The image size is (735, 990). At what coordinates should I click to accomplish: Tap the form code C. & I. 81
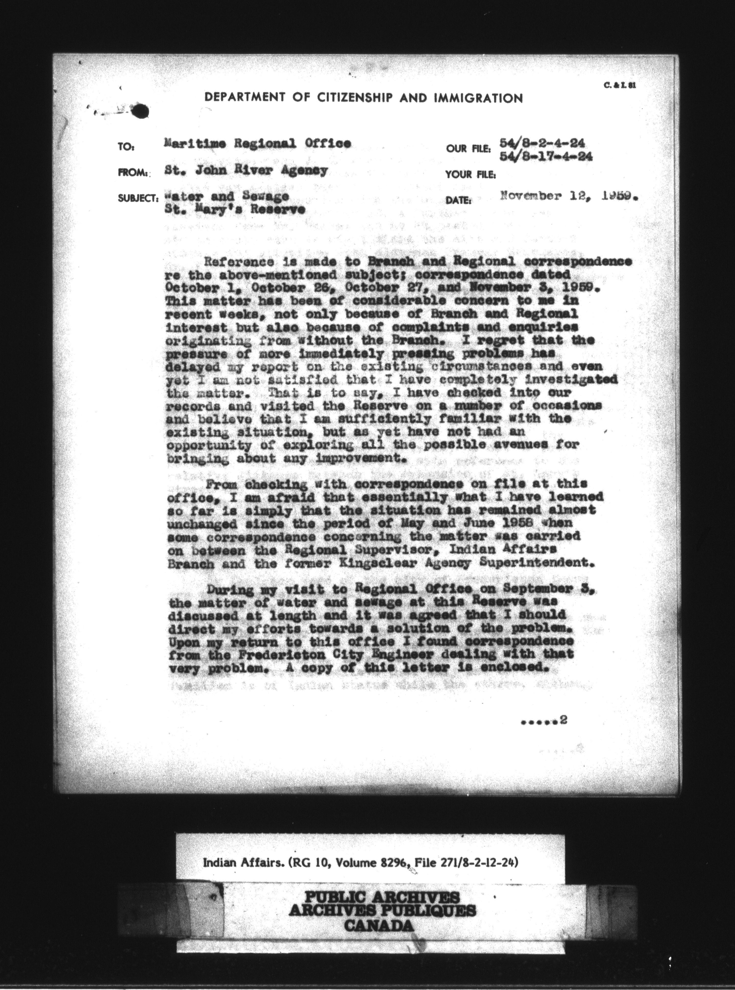pyautogui.click(x=620, y=85)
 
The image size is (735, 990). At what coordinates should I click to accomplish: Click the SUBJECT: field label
pyautogui.click(x=137, y=198)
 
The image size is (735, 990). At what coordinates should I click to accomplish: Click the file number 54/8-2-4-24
pyautogui.click(x=542, y=143)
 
